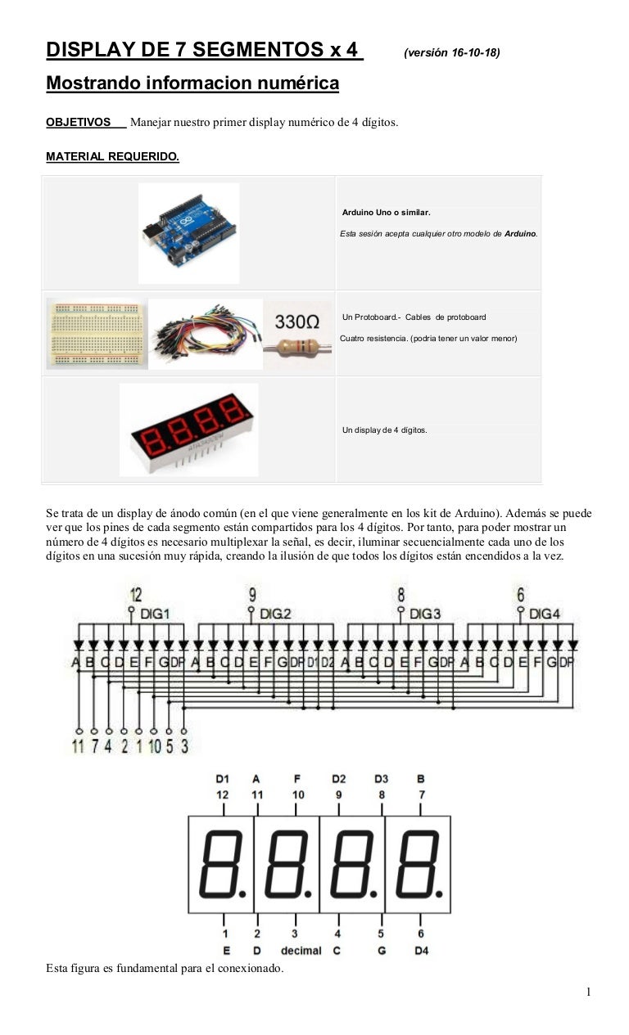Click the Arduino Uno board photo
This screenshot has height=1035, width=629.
pos(189,232)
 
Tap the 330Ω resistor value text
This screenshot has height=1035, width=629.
pos(296,322)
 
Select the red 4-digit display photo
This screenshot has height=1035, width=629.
pos(189,429)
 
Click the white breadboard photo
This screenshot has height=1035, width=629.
pos(97,333)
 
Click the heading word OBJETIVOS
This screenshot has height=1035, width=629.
pos(78,123)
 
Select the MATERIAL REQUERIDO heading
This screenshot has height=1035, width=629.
pos(112,156)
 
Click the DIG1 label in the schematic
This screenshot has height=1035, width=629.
pos(156,613)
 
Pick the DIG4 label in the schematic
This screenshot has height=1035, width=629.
pos(545,613)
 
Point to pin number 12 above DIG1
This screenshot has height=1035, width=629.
pos(136,595)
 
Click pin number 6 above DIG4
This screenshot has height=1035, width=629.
pos(521,595)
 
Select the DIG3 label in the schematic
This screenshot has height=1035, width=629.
pos(425,613)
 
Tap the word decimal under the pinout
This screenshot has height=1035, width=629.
pos(301,950)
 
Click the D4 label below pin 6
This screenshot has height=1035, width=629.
pos(421,950)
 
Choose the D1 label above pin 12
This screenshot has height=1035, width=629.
pos(223,779)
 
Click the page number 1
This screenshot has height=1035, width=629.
pos(588,992)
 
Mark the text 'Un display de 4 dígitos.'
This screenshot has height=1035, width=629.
pos(384,430)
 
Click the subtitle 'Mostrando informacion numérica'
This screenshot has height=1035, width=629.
pos(192,83)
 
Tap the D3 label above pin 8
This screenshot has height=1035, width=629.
pos(381,779)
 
